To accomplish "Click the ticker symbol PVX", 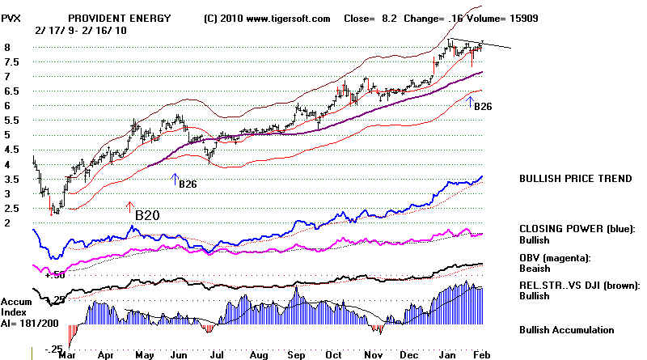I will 13,17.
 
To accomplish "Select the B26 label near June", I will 188,184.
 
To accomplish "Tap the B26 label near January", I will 483,106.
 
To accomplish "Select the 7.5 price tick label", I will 11,62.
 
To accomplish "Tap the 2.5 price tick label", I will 11,209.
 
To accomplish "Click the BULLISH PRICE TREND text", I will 576,179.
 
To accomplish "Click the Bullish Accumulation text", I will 567,330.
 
